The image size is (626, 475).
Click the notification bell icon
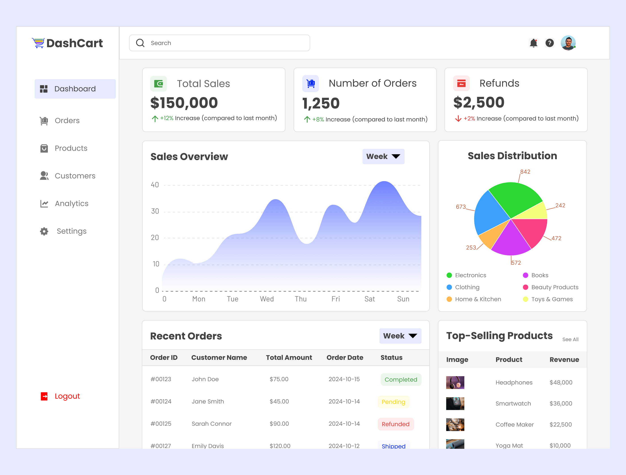coord(533,43)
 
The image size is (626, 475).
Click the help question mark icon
coord(550,43)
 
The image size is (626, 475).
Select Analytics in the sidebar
coord(71,204)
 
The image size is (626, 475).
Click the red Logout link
coord(67,396)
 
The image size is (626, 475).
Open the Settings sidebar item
coord(71,231)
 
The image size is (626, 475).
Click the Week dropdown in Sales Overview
coord(383,157)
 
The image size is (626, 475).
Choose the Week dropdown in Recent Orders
coord(400,336)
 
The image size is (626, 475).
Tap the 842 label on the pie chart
coord(525,172)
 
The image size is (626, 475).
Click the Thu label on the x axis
coord(300,299)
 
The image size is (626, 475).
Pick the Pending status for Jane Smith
coord(393,402)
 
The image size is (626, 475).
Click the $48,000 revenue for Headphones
coord(561,383)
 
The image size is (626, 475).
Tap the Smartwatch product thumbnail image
coord(455,404)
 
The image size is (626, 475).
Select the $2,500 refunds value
coord(479,102)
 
